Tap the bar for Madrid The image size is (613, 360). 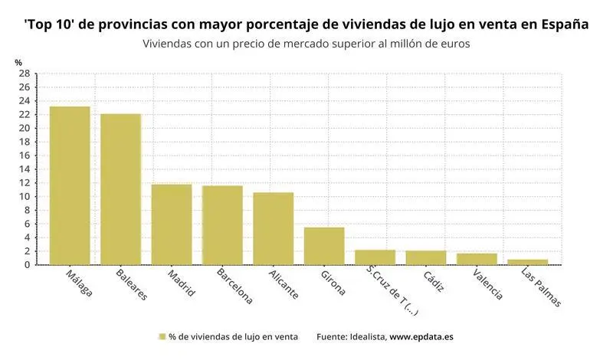tap(172, 224)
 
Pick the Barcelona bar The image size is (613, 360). tap(222, 225)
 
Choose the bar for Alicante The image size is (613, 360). tap(274, 228)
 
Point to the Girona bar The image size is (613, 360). tap(324, 246)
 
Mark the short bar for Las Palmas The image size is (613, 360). tap(528, 262)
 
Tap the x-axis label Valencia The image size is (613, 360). tap(488, 284)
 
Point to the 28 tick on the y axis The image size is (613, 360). tap(24, 74)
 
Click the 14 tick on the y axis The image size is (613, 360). tap(24, 169)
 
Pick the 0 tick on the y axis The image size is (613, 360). tap(27, 265)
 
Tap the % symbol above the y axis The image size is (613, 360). tap(18, 61)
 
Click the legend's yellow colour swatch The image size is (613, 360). tap(162, 336)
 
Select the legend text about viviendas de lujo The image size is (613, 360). tap(233, 336)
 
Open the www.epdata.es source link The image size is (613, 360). tap(422, 336)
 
